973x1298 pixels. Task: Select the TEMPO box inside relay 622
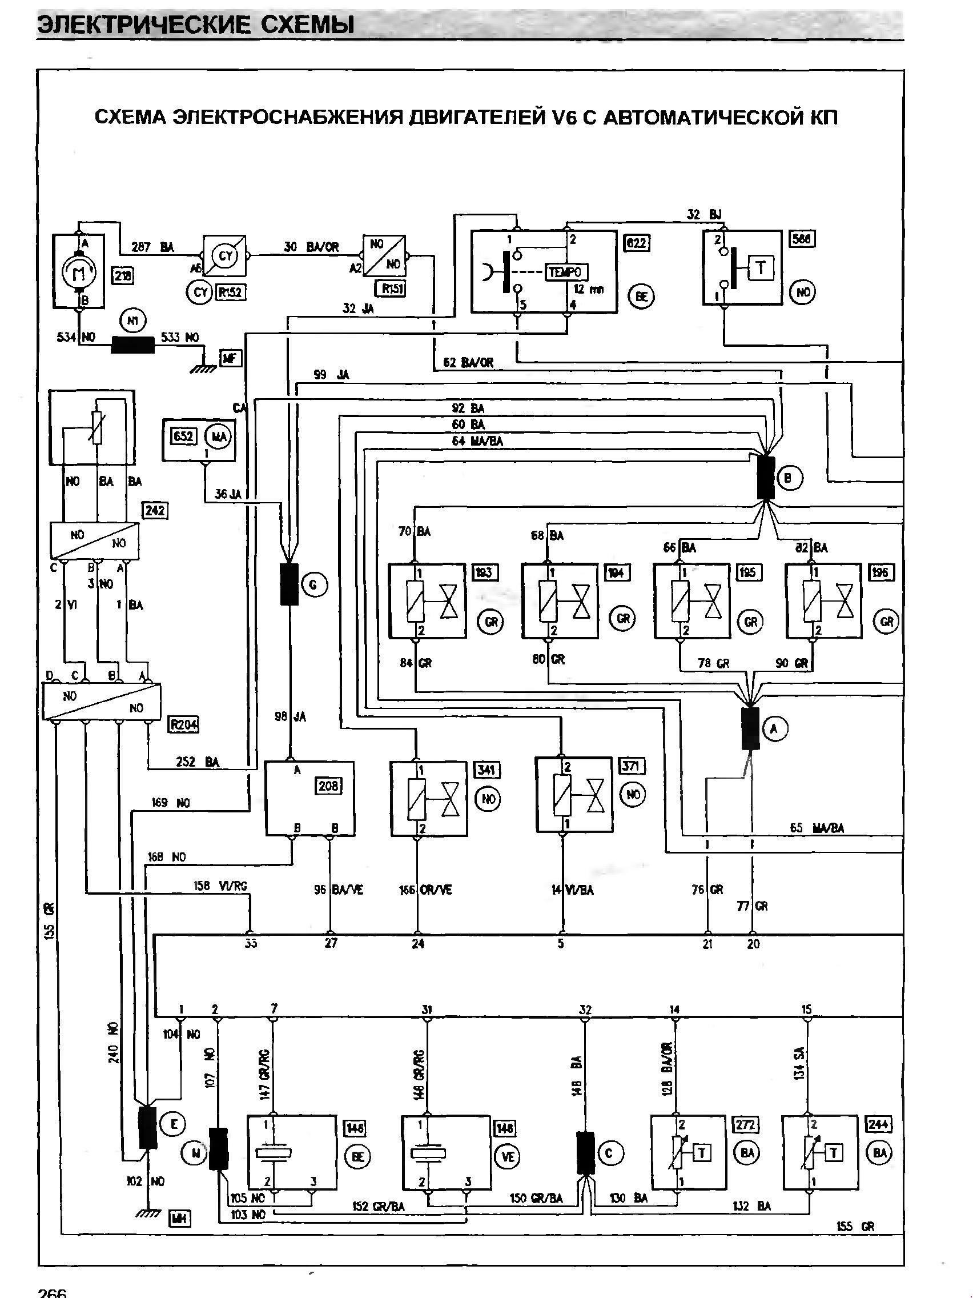[566, 272]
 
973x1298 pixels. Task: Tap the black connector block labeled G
[289, 584]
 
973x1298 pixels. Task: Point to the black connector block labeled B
[765, 478]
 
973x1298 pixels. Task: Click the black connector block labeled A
[750, 728]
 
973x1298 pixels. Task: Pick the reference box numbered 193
[484, 572]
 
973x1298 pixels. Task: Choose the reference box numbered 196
[880, 572]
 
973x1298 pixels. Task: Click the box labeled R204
[183, 726]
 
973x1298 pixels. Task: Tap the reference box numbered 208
[327, 786]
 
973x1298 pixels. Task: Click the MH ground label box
[178, 1217]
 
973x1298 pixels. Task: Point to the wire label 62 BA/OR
[468, 363]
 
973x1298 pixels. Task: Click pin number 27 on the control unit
[331, 943]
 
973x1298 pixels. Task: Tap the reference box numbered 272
[746, 1124]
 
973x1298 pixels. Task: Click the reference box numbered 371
[632, 766]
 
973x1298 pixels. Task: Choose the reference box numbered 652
[183, 436]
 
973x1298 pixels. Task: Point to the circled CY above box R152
[225, 256]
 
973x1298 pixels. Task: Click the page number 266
[53, 1291]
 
